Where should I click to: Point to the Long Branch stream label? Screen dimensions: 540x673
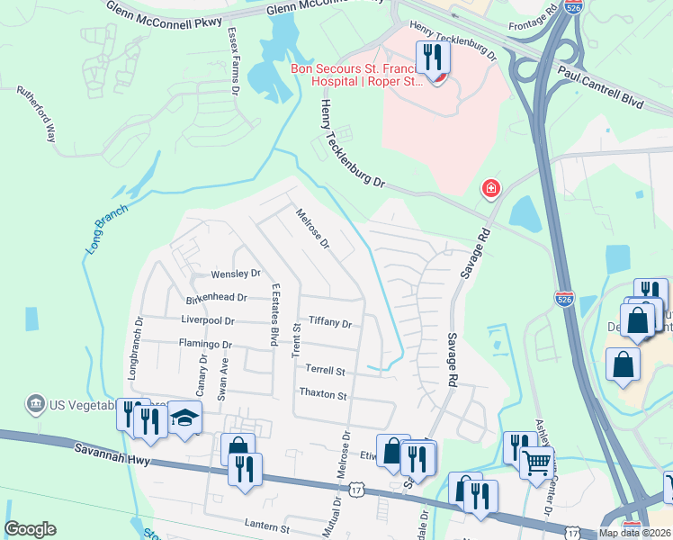[x=106, y=229]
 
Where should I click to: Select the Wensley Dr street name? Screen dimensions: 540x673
[x=235, y=274]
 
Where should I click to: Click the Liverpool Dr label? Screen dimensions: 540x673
[x=207, y=320]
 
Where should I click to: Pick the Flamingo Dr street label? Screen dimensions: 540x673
[x=205, y=344]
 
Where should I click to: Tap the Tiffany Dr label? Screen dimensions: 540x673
[x=329, y=321]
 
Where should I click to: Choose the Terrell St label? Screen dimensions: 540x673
[x=325, y=370]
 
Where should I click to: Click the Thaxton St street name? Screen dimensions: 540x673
[x=322, y=394]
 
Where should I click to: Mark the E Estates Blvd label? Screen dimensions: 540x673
[x=274, y=314]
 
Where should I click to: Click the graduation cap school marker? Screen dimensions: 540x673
[x=185, y=418]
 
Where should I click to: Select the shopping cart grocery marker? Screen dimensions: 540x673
[x=537, y=463]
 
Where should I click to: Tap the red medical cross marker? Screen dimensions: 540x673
[x=490, y=188]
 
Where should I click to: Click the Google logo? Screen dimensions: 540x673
[x=31, y=529]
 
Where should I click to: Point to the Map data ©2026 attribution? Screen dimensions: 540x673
[x=634, y=533]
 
